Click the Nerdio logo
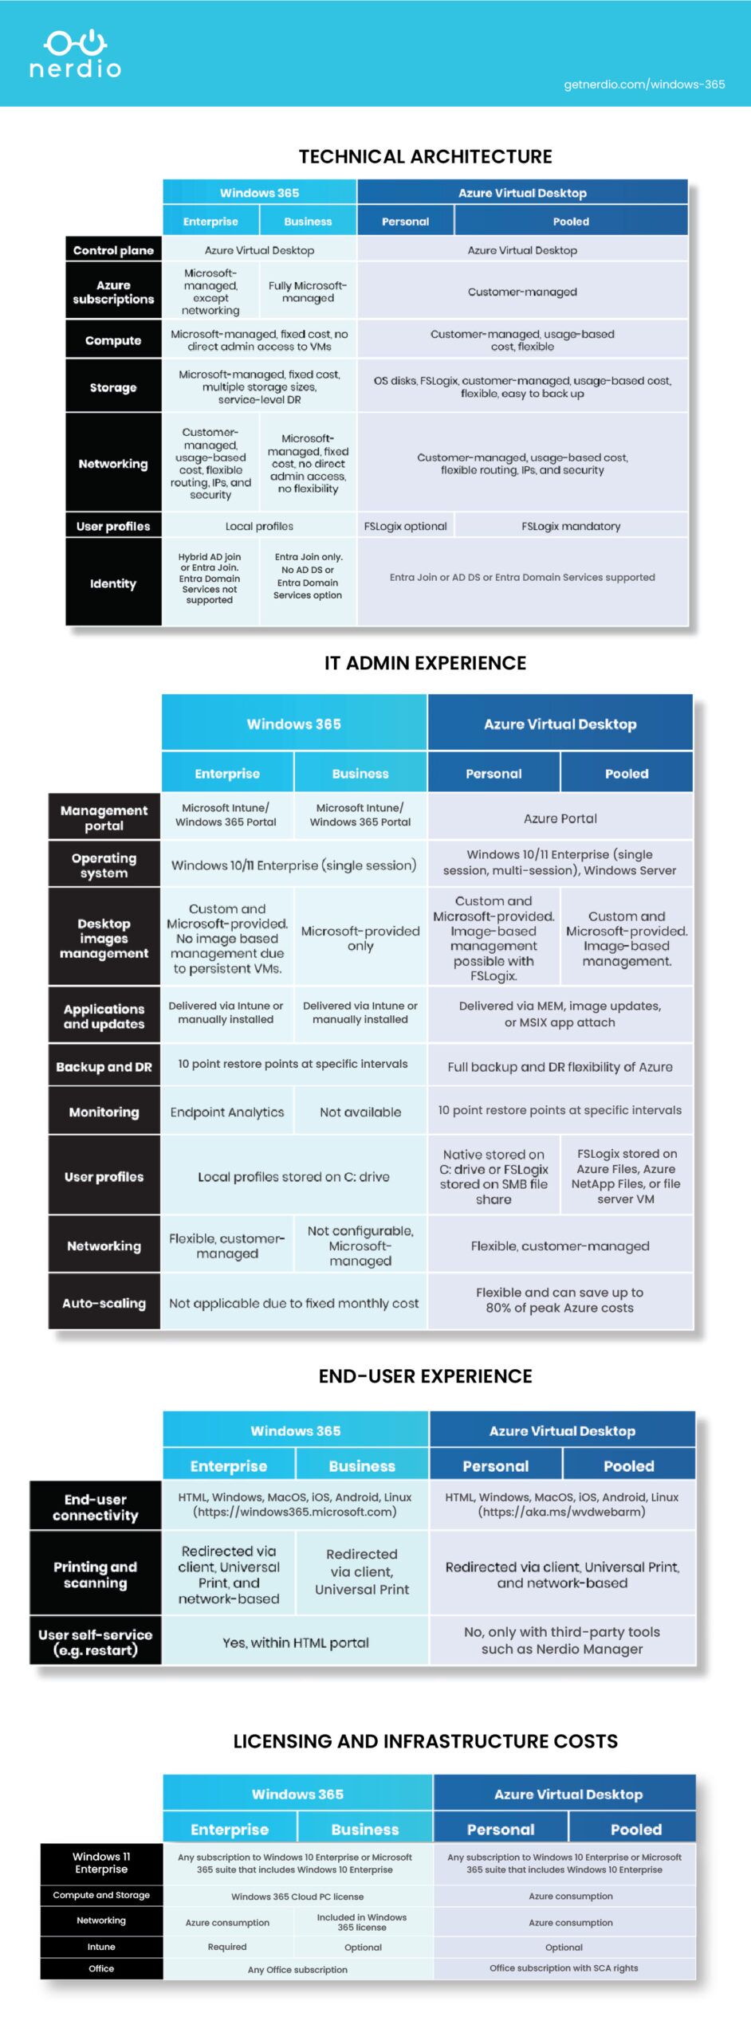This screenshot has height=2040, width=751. [75, 54]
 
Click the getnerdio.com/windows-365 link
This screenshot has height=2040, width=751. [644, 84]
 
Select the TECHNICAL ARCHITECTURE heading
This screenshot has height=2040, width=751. [425, 156]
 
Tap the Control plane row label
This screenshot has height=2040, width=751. [113, 250]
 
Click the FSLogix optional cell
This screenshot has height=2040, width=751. [405, 526]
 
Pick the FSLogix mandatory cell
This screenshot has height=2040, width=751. [571, 526]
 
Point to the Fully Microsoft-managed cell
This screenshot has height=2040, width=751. [308, 292]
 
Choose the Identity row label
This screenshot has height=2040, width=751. [113, 583]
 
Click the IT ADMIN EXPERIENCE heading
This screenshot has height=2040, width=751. [425, 663]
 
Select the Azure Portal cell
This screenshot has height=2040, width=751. [560, 818]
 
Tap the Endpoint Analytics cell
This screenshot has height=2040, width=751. [227, 1112]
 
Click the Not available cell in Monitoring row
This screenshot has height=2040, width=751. [360, 1112]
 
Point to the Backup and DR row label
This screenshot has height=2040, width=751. [104, 1067]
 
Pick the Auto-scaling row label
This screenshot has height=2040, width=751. [104, 1303]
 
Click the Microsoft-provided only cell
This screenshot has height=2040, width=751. [360, 938]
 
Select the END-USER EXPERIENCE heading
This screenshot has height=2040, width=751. [425, 1376]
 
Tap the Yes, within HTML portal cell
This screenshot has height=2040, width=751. [295, 1642]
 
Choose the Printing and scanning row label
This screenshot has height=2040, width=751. [95, 1575]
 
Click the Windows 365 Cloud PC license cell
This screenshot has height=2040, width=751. [297, 1897]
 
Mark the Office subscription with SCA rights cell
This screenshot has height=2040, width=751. [564, 1967]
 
